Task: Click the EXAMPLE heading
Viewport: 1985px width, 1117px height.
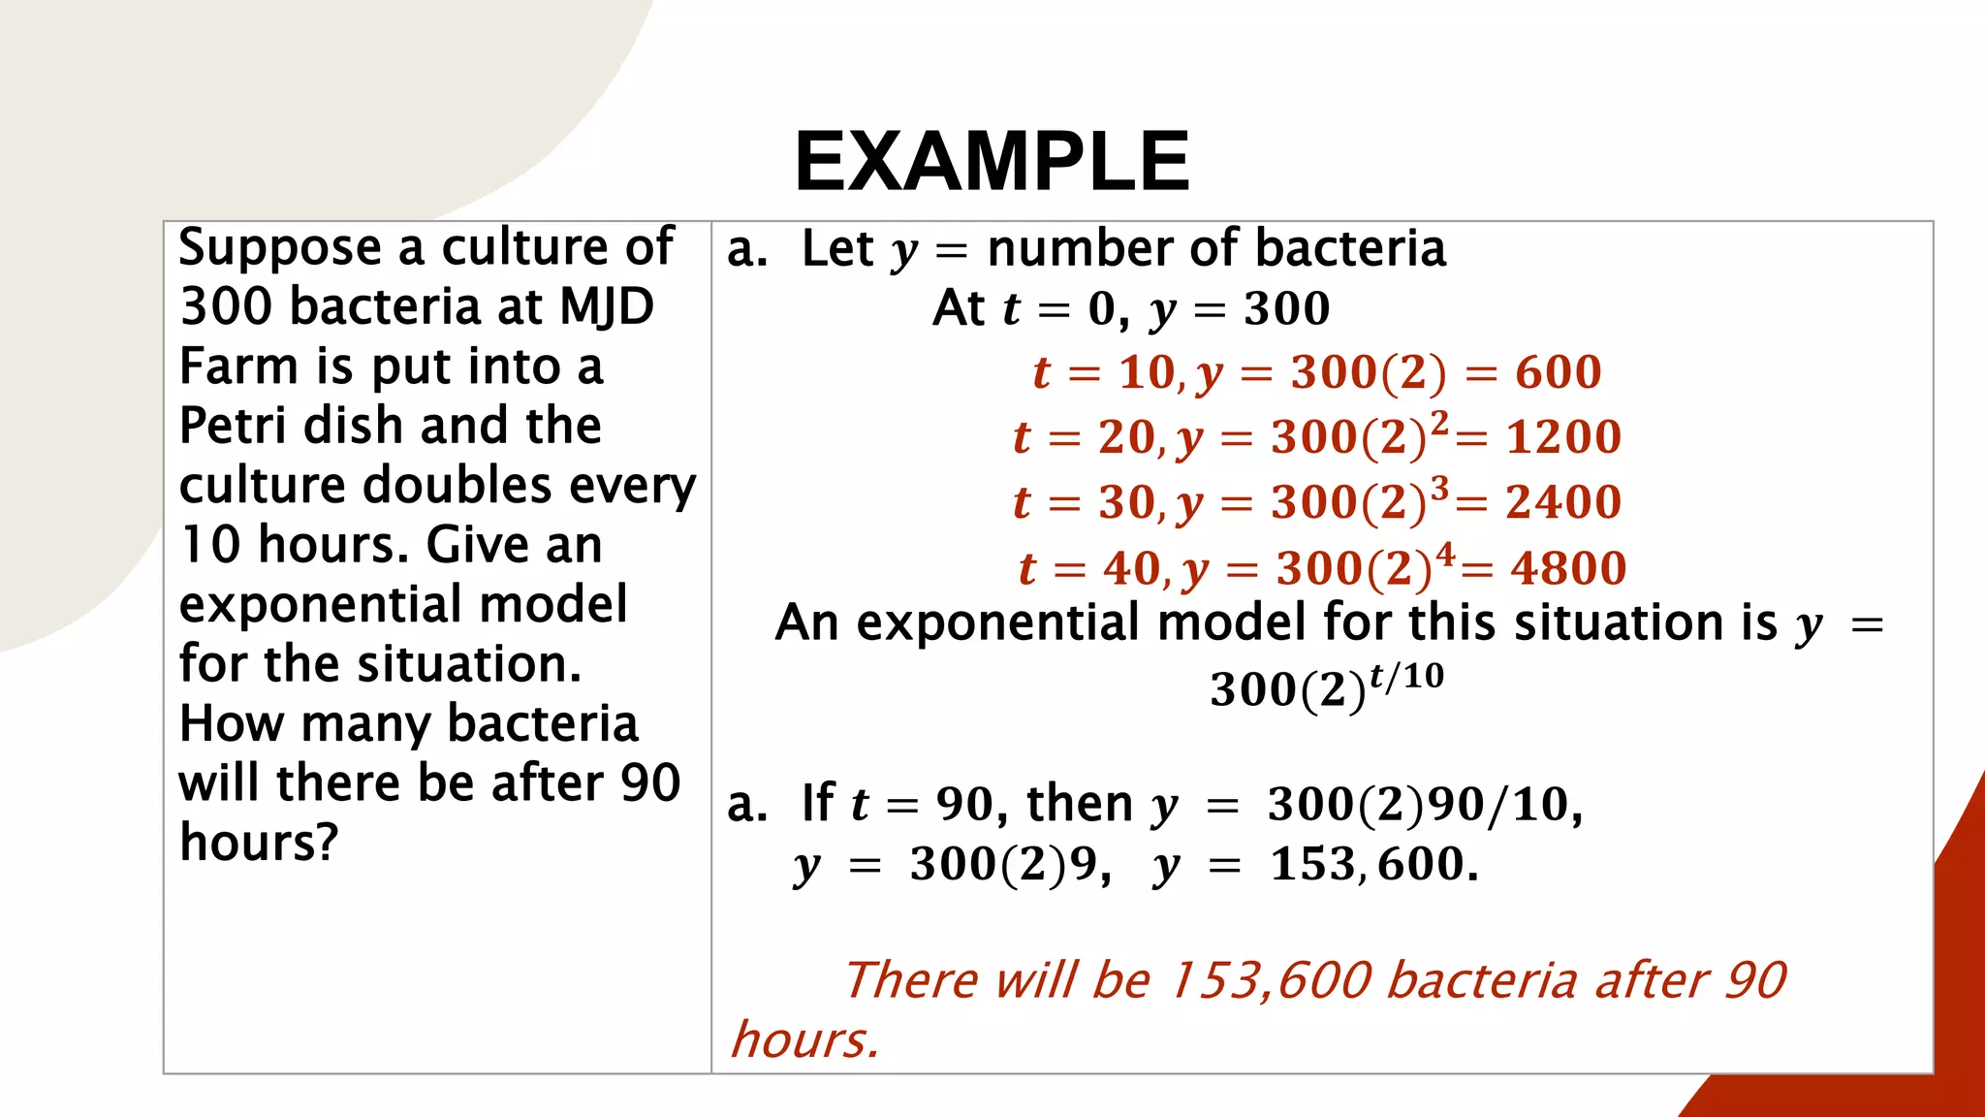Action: [x=992, y=162]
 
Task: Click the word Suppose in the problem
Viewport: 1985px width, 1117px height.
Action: [x=281, y=249]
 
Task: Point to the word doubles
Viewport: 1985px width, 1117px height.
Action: [x=457, y=485]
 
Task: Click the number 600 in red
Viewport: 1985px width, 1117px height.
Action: [x=1558, y=372]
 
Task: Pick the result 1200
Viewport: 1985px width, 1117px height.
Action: [x=1562, y=437]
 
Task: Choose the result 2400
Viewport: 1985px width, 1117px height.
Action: [x=1562, y=502]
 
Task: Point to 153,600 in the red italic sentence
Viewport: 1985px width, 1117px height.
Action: [x=1270, y=980]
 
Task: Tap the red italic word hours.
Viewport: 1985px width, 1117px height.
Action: [x=804, y=1040]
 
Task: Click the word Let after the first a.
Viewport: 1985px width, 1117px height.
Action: [x=837, y=249]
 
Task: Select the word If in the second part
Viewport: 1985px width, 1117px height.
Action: [x=817, y=804]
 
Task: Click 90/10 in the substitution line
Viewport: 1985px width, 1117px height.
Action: [x=1498, y=805]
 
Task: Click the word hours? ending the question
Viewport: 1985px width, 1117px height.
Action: [x=259, y=843]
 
